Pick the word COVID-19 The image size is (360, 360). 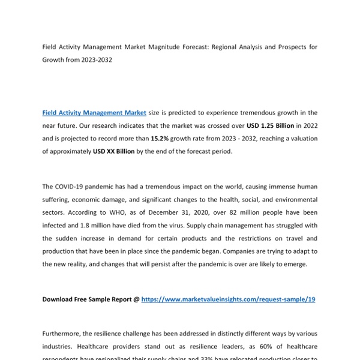[x=74, y=186]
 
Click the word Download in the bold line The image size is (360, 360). [x=59, y=299]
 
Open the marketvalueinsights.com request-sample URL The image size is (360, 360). [x=228, y=299]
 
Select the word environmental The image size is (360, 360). [x=294, y=199]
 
